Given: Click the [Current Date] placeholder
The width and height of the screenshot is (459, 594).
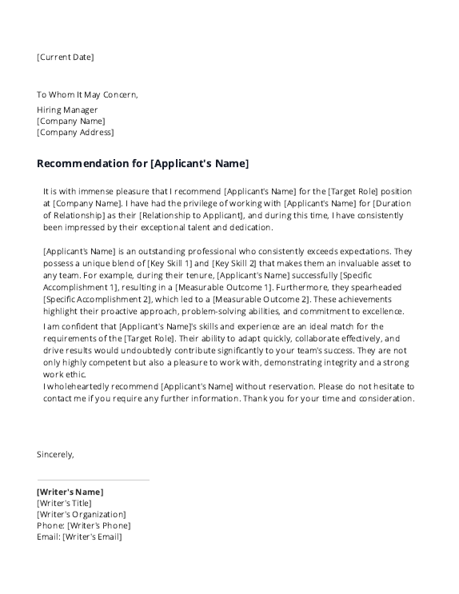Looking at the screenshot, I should click(x=65, y=57).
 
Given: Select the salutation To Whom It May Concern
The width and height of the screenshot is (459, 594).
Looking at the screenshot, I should click(x=87, y=94).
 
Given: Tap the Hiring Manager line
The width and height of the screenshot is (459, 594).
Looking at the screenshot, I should click(x=67, y=110).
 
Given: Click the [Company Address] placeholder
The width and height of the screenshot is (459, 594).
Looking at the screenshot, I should click(x=75, y=132).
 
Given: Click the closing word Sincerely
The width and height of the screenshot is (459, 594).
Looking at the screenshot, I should click(x=55, y=454).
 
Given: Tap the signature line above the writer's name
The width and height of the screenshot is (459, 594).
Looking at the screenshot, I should click(x=93, y=480).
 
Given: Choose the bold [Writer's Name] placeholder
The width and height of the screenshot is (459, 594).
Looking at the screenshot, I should click(x=70, y=492).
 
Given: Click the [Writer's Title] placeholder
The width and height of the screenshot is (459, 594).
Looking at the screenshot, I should click(x=64, y=503).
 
